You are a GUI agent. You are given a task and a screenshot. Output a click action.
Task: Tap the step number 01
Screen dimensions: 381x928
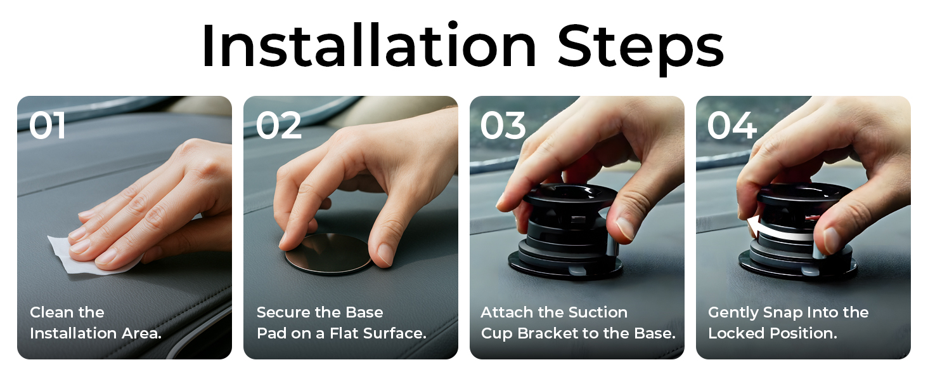pos(48,126)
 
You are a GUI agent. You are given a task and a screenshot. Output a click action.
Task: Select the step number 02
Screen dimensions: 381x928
pos(278,126)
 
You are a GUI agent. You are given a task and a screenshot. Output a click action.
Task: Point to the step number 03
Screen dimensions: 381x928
pos(503,126)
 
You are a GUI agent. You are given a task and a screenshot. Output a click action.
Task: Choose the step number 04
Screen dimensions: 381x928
pos(731,126)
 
